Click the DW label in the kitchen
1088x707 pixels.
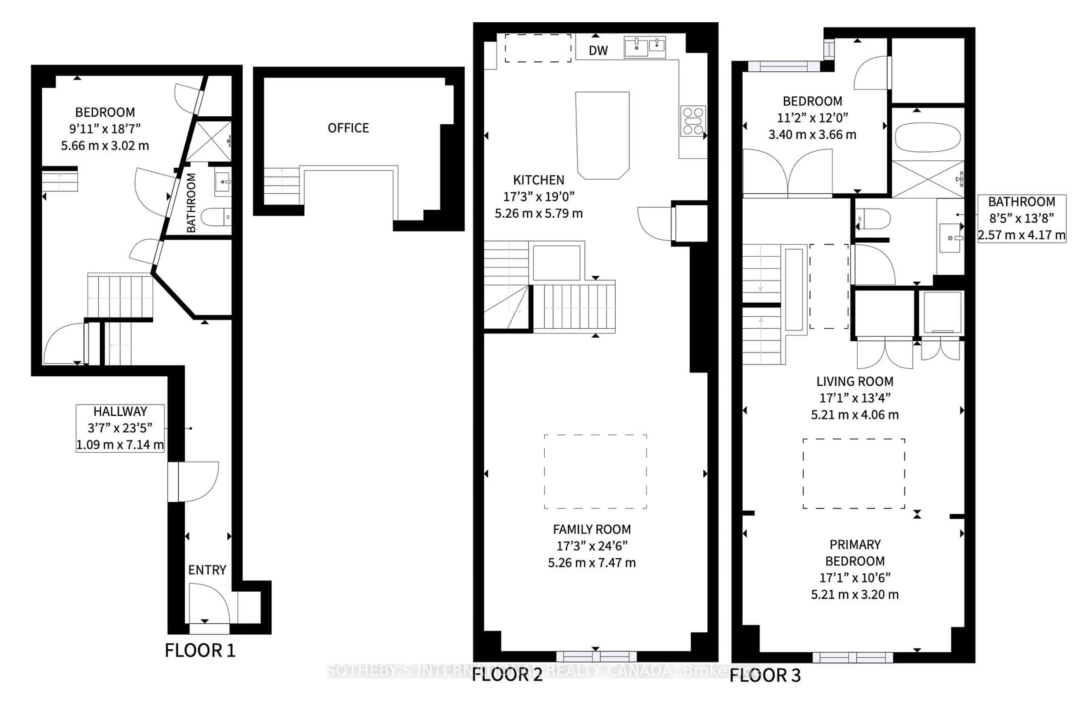[598, 51]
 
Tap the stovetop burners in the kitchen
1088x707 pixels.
[692, 121]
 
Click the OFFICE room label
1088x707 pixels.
[348, 128]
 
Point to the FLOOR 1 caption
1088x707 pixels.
[200, 650]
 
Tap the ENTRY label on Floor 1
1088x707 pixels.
[207, 570]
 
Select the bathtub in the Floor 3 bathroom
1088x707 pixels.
[928, 137]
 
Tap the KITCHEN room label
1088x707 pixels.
[539, 180]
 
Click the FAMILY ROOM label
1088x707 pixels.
[592, 529]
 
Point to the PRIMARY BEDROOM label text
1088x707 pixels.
[855, 553]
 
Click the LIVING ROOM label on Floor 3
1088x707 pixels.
[855, 381]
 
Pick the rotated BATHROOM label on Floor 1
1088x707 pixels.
[191, 203]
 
